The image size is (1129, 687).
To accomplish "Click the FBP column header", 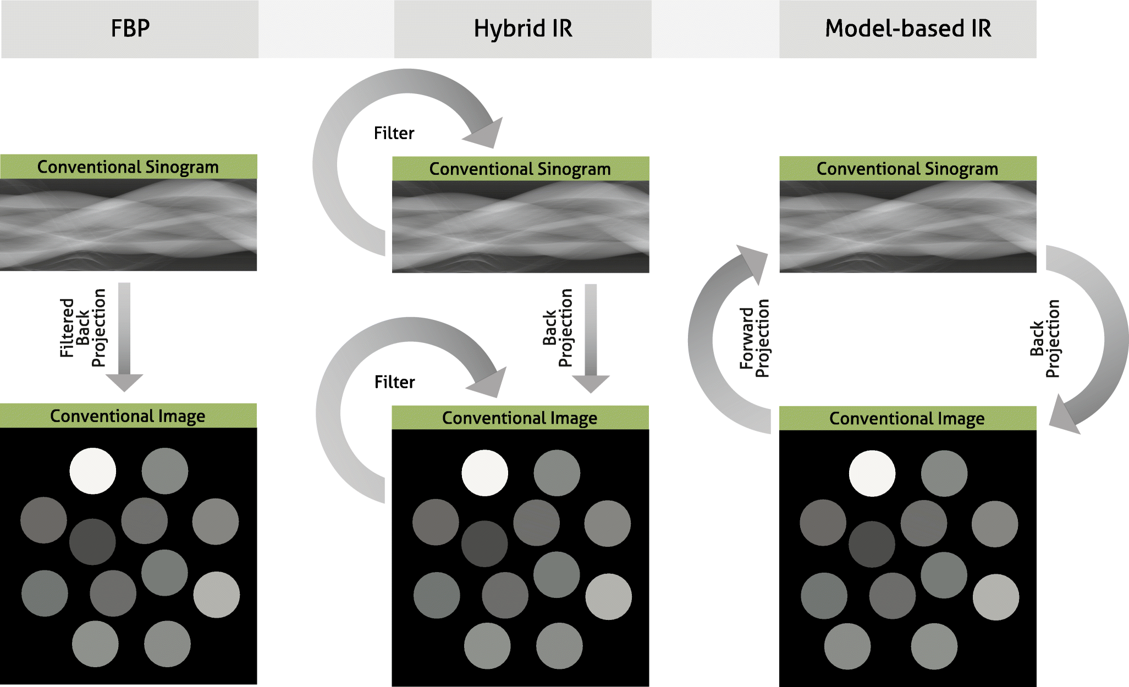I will coord(130,29).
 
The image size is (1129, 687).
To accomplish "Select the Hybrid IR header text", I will coord(523,29).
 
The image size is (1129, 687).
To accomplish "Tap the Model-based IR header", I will coord(908,29).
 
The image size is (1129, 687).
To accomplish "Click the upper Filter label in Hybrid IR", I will coord(394,133).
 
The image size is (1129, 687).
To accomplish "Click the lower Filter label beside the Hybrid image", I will coord(394,382).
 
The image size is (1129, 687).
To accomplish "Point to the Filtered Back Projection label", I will coord(82,328).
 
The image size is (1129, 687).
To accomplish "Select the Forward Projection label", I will coord(754,338).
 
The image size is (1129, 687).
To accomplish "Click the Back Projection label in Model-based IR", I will coord(1044,339).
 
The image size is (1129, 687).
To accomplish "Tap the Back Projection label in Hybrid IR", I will coord(558,328).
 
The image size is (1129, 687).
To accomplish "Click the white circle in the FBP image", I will coord(93,471).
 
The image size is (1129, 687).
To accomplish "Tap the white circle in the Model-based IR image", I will coord(872,473).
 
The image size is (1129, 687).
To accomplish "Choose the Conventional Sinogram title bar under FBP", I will coord(128,167).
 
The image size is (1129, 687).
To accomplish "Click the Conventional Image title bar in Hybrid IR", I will coord(520,418).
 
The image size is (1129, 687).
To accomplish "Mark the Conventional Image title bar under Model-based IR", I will coord(907,418).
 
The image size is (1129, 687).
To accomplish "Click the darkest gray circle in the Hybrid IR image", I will coord(484,544).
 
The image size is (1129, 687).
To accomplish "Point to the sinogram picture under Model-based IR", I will coord(907,226).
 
